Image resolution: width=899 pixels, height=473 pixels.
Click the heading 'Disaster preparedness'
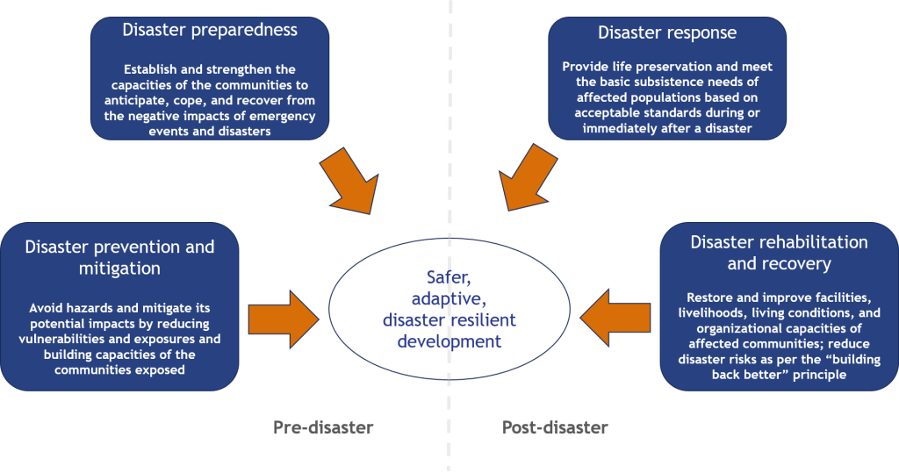click(x=210, y=31)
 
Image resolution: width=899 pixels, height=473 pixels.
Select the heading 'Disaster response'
click(x=667, y=33)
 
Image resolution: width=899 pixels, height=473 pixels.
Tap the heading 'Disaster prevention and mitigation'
click(x=119, y=259)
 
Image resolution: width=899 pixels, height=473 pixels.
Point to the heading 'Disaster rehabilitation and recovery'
click(x=778, y=252)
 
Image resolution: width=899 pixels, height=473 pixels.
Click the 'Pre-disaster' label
click(x=323, y=428)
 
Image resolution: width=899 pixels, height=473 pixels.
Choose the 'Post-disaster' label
click(x=555, y=428)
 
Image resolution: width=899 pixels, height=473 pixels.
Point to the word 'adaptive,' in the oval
click(x=449, y=299)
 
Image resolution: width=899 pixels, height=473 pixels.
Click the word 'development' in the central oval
click(x=449, y=340)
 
